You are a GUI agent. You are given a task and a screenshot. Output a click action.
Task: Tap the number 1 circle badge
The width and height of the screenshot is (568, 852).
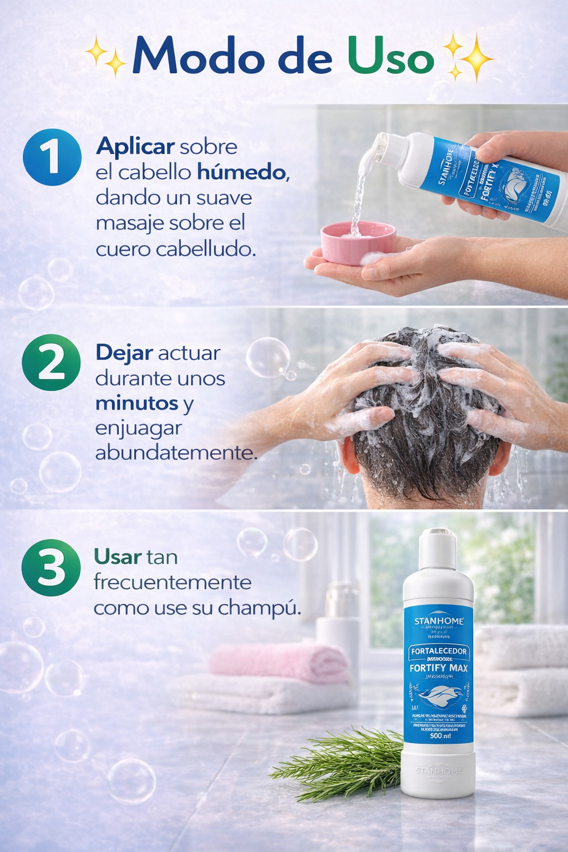[x=52, y=157]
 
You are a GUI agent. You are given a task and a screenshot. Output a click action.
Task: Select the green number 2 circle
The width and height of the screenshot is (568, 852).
[x=51, y=362]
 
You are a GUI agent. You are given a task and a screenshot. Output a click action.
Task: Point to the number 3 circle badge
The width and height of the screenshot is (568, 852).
[x=51, y=567]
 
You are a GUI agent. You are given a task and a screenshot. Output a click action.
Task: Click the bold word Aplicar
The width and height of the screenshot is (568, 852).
[x=135, y=147]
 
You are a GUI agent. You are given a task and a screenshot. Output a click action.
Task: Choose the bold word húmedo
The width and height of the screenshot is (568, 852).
[x=242, y=173]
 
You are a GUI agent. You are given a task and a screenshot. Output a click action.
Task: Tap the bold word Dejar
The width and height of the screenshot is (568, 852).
[x=124, y=353]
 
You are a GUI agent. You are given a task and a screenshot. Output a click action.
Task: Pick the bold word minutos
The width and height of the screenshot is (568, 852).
[x=136, y=403]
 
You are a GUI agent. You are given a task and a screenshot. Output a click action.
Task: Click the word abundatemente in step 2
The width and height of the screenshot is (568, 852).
[x=176, y=453]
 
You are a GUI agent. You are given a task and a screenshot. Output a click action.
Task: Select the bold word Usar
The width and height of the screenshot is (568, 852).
[x=118, y=557]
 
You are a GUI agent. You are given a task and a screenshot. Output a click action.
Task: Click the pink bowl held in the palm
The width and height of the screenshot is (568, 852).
[x=358, y=242]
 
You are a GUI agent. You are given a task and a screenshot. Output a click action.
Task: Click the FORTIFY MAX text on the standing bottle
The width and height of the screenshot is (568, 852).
[x=438, y=668]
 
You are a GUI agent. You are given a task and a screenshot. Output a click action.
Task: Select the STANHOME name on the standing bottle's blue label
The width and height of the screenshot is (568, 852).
[x=439, y=621]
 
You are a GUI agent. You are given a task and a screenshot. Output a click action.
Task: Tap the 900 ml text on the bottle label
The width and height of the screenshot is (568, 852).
[x=440, y=736]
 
